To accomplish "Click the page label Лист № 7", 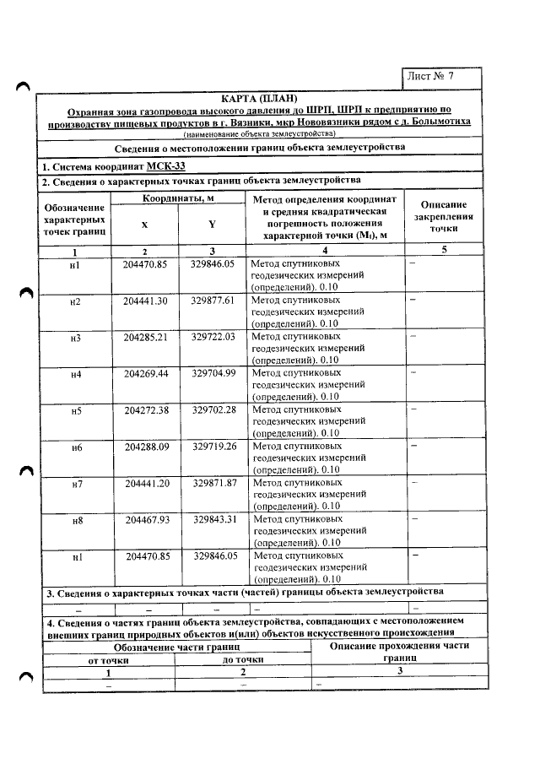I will point(430,75).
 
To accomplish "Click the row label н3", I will point(75,339).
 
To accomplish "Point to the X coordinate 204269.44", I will point(145,372).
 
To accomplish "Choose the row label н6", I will point(76,447).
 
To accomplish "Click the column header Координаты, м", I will point(177,198).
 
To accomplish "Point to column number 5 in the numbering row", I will point(444,250).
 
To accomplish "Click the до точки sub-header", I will point(243,659).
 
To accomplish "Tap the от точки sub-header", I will point(109,660).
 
